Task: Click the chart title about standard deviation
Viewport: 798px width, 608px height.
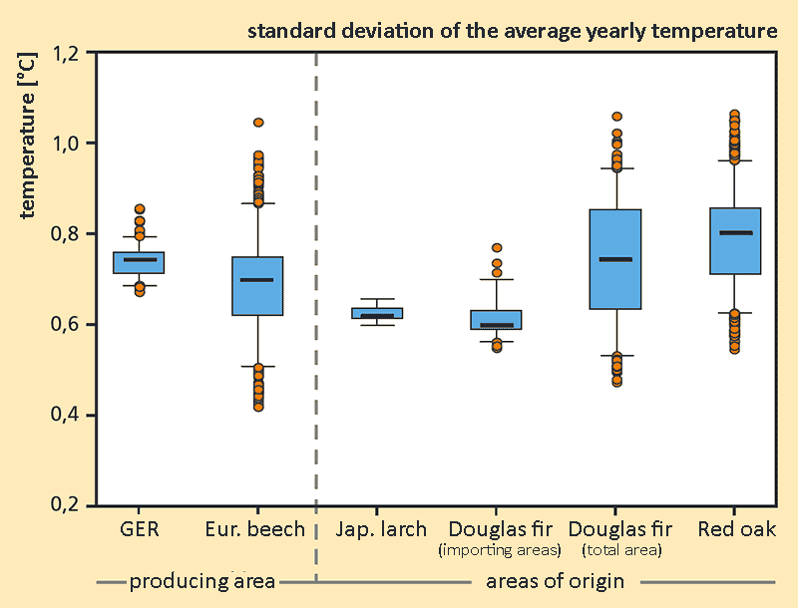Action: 512,31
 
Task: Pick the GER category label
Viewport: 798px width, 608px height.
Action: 138,529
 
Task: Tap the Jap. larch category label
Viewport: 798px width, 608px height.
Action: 381,529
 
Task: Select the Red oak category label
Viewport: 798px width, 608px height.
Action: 737,529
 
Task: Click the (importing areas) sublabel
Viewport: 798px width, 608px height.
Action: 501,550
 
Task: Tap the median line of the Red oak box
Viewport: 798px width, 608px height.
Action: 735,233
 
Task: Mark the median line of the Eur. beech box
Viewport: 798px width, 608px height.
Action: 257,280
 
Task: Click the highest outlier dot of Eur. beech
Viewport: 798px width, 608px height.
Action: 258,123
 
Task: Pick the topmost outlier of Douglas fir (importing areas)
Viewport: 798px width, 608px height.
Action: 497,248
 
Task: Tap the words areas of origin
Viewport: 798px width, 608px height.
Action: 555,581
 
